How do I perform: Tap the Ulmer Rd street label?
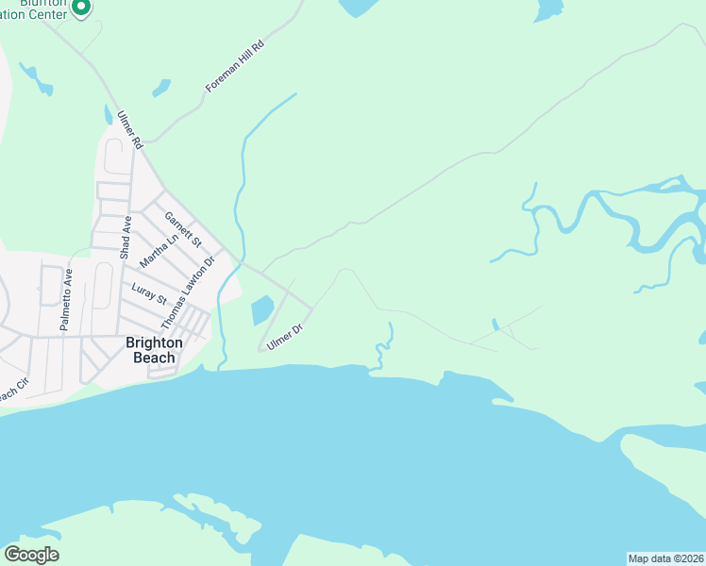coord(128,130)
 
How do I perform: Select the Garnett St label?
coord(183,229)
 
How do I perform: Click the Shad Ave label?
coord(125,238)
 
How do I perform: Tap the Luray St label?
coord(149,294)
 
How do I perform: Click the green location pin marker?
coord(80,8)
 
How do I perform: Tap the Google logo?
coord(31,555)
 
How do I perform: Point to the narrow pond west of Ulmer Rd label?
coord(108,115)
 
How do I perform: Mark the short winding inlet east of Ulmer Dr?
coord(383,350)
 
